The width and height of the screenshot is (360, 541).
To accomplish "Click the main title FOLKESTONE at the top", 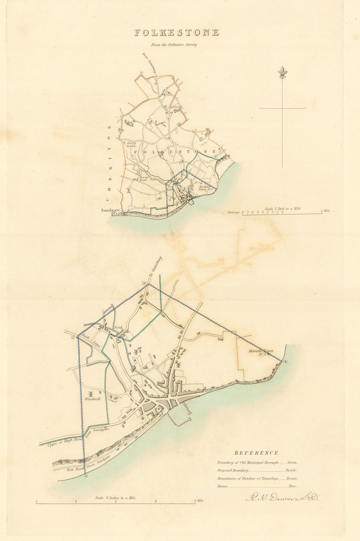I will coord(176,33).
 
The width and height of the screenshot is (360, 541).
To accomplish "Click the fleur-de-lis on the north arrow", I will coord(282,73).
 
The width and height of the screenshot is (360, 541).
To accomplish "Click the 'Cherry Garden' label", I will coord(131,144).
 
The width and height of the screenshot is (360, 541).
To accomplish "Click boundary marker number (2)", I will coord(73,337).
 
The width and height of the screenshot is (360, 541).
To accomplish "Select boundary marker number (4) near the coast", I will coord(285,361).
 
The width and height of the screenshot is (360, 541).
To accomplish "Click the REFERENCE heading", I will coord(256,453).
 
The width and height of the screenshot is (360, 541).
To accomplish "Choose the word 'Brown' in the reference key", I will coord(292,478).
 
